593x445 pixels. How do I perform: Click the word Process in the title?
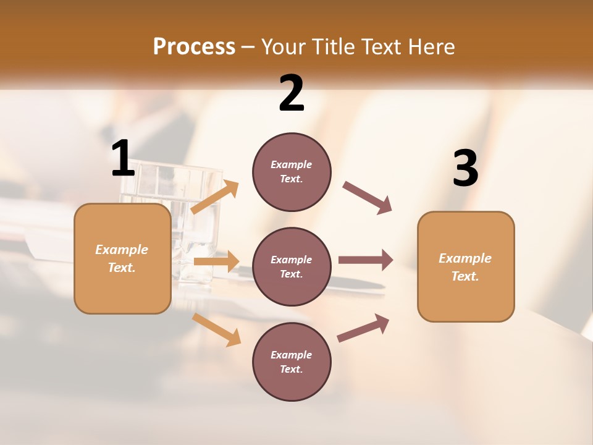194,46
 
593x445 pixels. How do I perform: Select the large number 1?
123,159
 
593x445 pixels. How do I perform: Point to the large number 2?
292,93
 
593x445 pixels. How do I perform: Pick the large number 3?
465,169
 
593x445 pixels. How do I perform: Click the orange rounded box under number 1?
122,258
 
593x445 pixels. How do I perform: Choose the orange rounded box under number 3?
466,266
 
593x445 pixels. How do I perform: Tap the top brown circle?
292,172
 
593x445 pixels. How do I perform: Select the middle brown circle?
292,266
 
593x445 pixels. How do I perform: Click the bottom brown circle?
292,362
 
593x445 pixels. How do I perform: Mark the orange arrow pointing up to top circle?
215,197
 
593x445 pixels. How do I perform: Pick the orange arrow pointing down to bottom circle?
217,329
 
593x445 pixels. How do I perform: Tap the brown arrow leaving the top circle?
368,198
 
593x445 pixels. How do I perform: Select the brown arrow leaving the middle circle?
366,260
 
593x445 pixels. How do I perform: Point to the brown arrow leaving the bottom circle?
363,328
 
